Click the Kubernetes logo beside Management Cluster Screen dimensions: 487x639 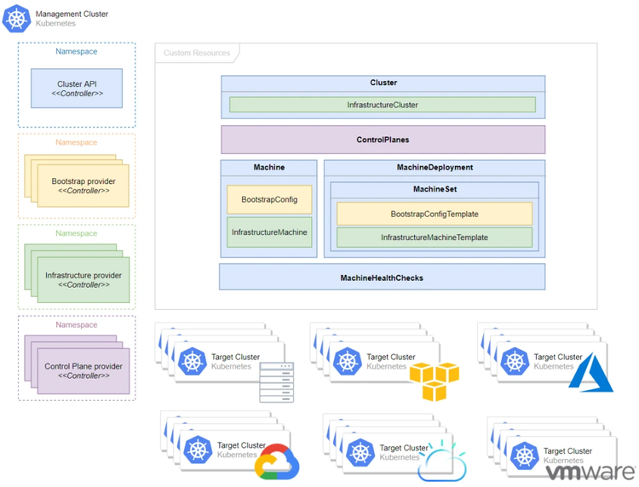click(x=16, y=18)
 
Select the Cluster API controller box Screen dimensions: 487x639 click(x=77, y=89)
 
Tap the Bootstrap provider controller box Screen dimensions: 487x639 click(x=83, y=186)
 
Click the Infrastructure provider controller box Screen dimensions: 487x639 click(x=83, y=280)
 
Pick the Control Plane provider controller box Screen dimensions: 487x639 click(x=83, y=371)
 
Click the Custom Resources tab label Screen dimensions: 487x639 click(x=197, y=53)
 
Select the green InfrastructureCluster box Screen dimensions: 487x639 click(x=383, y=105)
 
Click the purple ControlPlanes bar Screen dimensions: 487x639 click(x=383, y=140)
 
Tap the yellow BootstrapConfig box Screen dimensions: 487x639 click(x=269, y=199)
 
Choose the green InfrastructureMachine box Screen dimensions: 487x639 click(x=269, y=232)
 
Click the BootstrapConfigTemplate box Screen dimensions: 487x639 click(x=435, y=214)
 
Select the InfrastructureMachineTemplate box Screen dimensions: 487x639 click(x=435, y=238)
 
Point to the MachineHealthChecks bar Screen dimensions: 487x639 click(x=382, y=278)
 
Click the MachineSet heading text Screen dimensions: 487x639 click(x=435, y=189)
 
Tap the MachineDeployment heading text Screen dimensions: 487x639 click(x=435, y=168)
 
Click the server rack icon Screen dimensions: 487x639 click(x=277, y=382)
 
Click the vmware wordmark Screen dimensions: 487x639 click(x=590, y=472)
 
